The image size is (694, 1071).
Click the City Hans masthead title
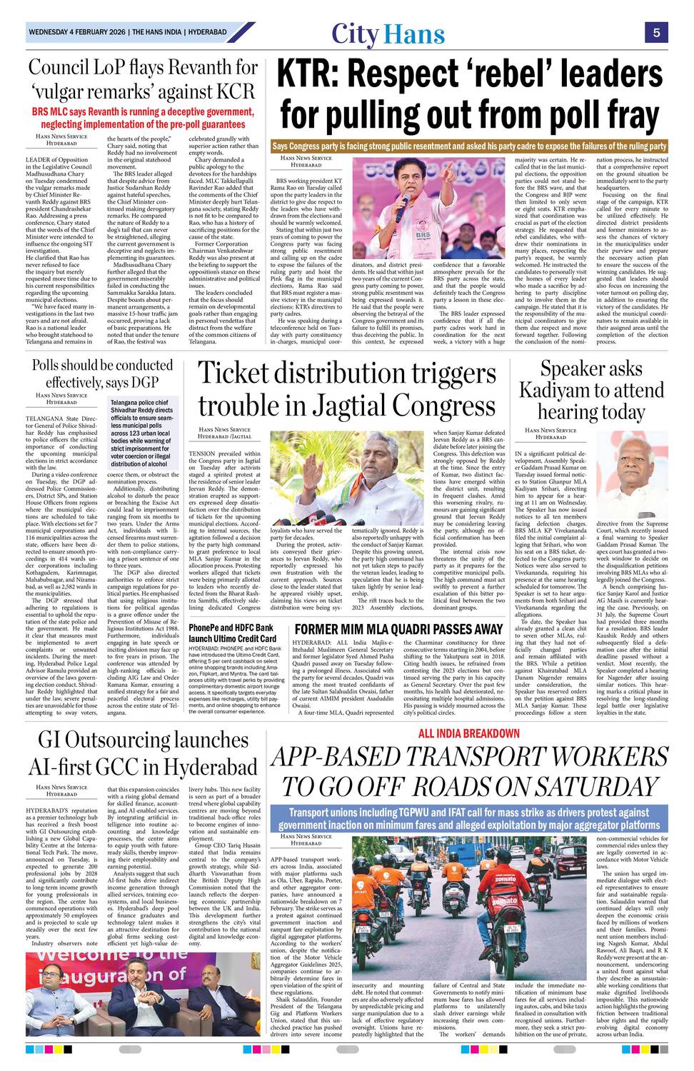point(388,34)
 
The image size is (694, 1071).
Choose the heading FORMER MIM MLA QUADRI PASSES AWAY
point(398,629)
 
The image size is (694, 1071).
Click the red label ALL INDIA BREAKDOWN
point(468,733)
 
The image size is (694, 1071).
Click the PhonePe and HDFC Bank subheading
point(233,633)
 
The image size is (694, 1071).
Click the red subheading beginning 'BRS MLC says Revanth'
point(143,118)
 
